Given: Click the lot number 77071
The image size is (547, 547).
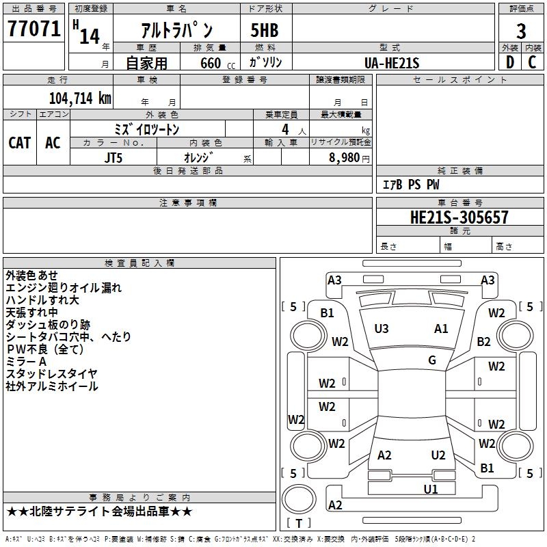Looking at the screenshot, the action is tap(34, 29).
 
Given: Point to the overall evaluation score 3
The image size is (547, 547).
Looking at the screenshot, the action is tap(521, 31).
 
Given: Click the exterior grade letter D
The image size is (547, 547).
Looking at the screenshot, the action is tap(509, 62).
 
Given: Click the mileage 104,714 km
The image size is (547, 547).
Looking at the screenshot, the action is tap(80, 98).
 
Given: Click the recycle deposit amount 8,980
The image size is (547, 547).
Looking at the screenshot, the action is tap(345, 157).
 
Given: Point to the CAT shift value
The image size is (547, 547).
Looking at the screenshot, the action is tap(19, 142).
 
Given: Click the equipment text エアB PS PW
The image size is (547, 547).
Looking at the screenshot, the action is tap(410, 185).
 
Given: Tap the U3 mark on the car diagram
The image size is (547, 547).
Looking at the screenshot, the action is tap(382, 329).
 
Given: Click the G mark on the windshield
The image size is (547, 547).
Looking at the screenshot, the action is tap(432, 360).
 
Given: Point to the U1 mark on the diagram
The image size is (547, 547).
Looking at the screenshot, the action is tap(431, 488).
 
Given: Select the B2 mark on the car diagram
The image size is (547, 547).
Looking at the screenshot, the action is tap(484, 341).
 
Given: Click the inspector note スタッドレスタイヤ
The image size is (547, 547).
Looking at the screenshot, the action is tap(51, 373).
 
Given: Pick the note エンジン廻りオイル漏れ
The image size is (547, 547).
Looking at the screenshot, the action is tap(63, 287).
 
